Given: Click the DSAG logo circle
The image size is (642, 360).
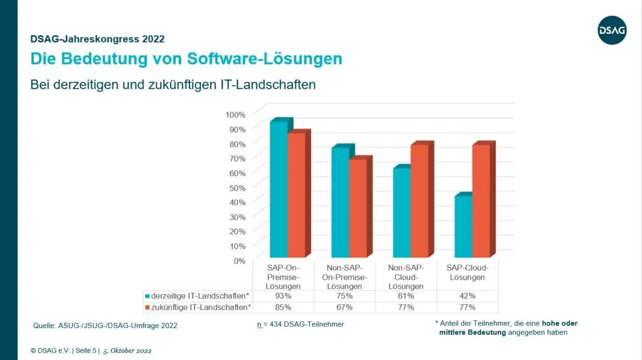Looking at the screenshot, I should click(612, 29).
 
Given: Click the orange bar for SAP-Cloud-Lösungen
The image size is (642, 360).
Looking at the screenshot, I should click(481, 201).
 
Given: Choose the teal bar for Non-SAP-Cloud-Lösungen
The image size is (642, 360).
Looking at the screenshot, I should click(402, 213).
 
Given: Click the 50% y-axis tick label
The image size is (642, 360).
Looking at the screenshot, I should click(238, 187).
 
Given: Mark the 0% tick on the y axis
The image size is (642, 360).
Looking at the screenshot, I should click(240, 260).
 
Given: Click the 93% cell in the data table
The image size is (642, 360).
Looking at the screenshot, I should click(283, 295).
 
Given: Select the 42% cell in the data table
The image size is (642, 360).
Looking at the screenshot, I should click(468, 295).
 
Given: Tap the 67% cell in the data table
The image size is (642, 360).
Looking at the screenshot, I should click(344, 307).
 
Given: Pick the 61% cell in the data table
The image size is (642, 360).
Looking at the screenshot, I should click(406, 295).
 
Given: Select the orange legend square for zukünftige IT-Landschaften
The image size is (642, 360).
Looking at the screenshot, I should click(147, 307).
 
